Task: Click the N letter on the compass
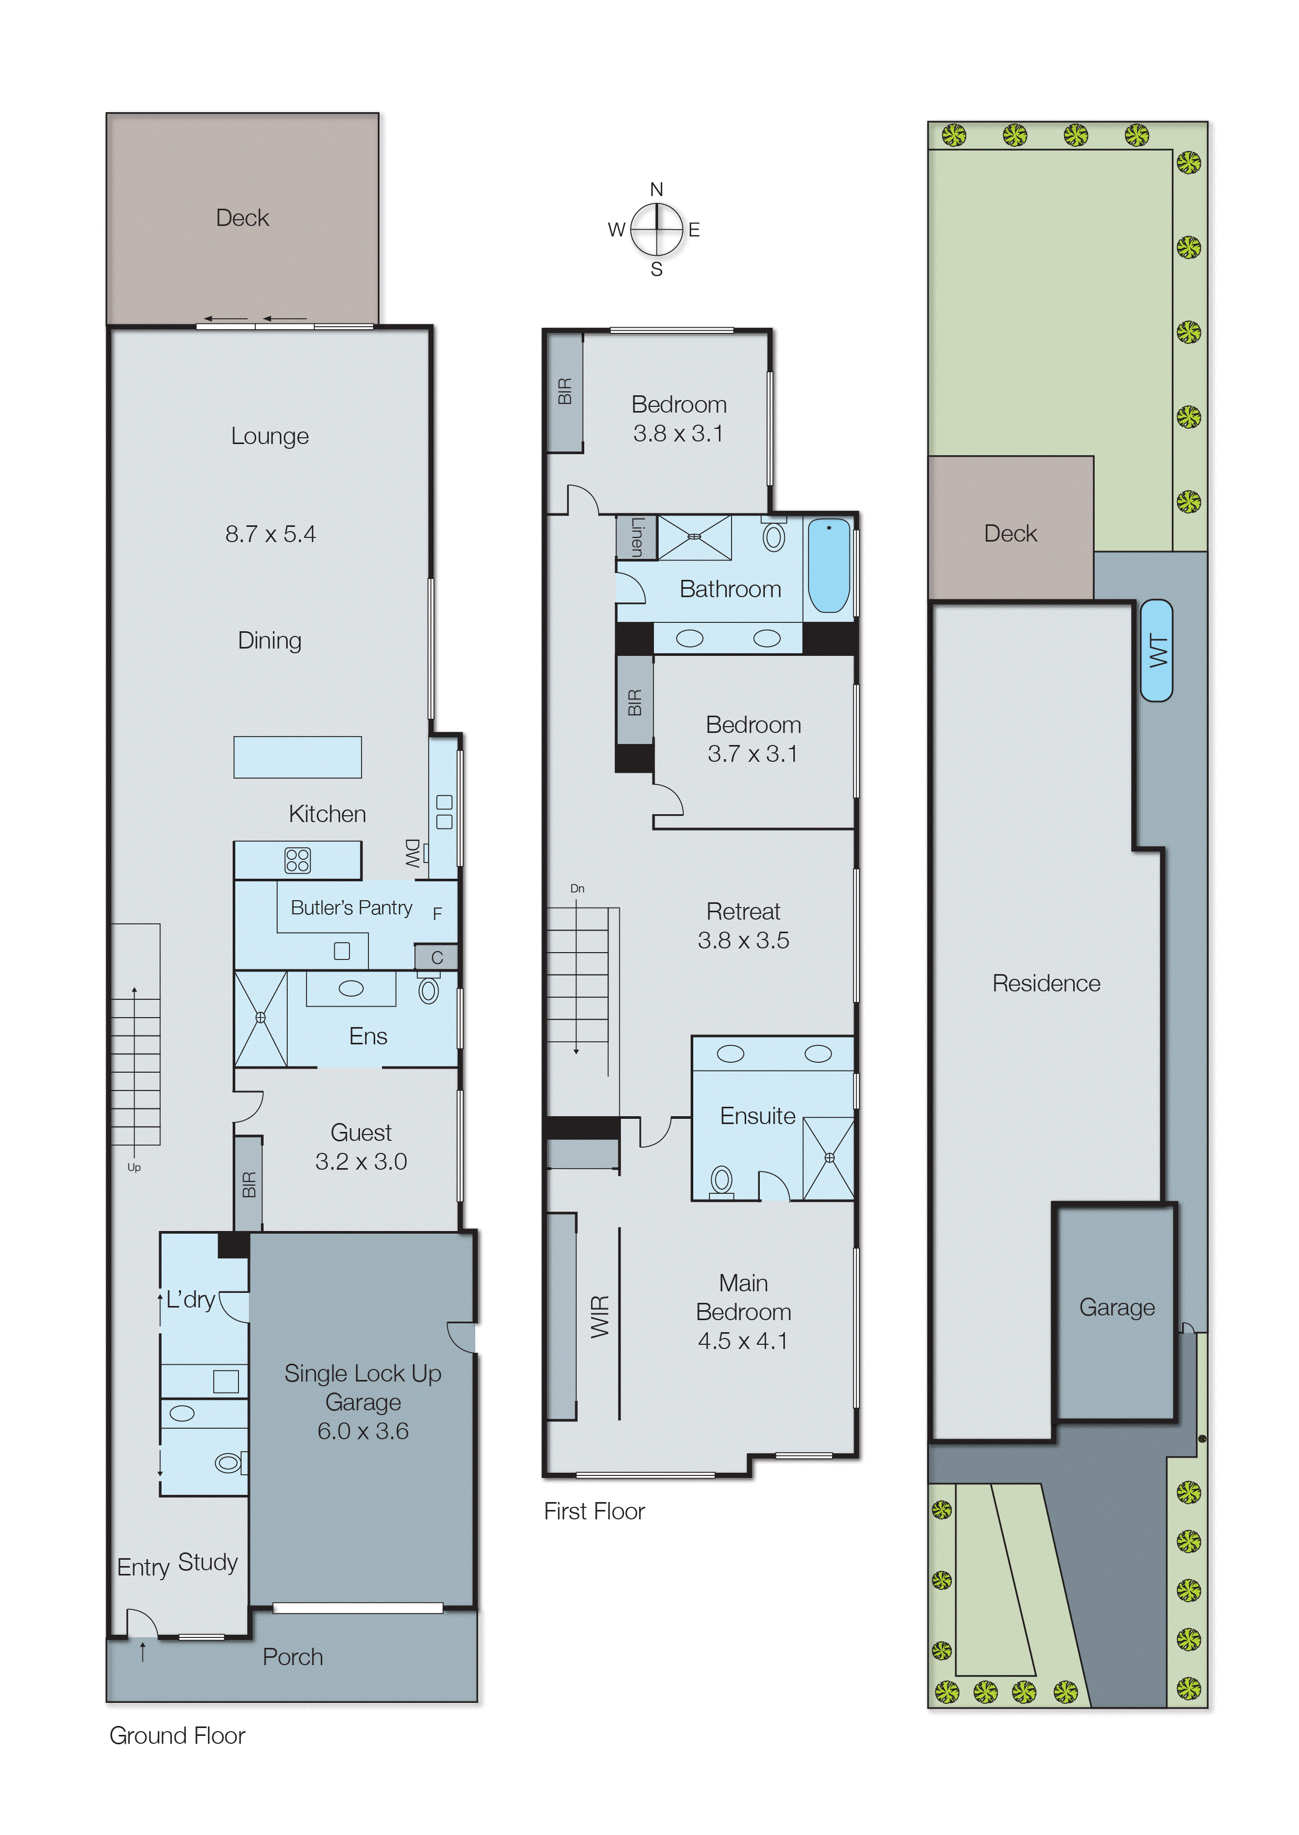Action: (656, 190)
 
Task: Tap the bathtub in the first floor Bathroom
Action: (828, 566)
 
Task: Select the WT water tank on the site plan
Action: (1156, 651)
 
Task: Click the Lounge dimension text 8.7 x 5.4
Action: (270, 534)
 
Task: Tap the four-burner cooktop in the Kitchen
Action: (298, 860)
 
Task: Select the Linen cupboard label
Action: (637, 537)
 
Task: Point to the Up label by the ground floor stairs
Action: (134, 1168)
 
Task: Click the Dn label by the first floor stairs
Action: (577, 888)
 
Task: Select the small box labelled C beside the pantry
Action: (436, 957)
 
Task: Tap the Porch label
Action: (293, 1657)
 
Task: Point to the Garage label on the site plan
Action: (1117, 1307)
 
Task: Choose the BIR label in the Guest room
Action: (249, 1184)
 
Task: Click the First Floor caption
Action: (594, 1511)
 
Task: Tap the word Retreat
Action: (743, 912)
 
